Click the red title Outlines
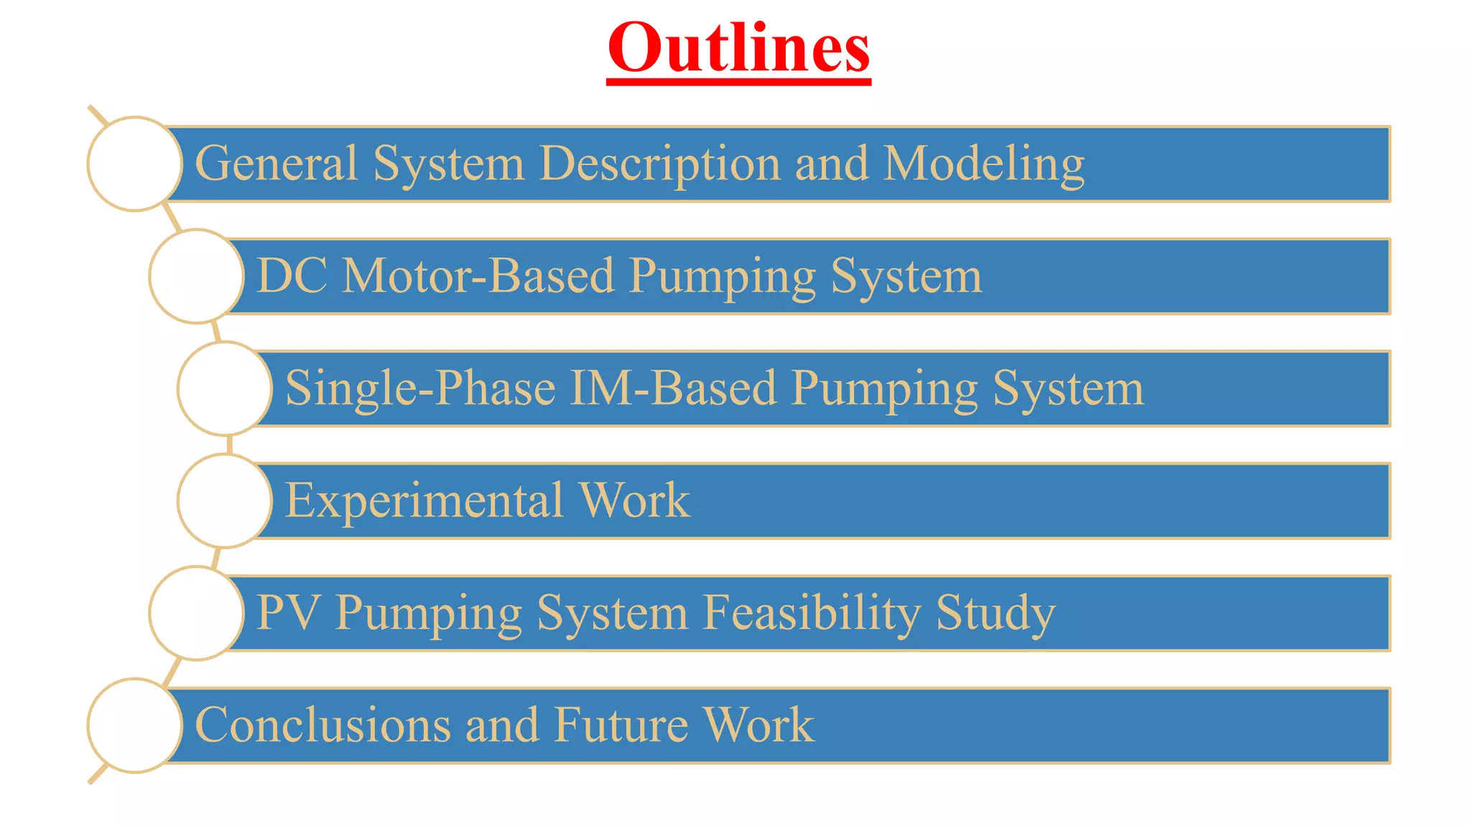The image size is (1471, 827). [x=738, y=49]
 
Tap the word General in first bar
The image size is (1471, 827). [x=276, y=164]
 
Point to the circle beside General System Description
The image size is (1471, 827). [x=134, y=164]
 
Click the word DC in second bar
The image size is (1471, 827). [x=292, y=276]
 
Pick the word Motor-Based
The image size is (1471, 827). [x=478, y=276]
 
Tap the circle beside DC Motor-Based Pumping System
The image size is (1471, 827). [x=196, y=276]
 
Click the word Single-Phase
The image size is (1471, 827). [x=420, y=388]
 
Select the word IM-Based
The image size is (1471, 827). [x=673, y=388]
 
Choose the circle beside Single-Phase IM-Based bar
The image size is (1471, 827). [x=224, y=388]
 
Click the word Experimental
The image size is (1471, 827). [x=424, y=500]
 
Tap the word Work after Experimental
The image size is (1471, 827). [x=634, y=500]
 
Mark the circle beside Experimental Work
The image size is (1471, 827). [x=224, y=500]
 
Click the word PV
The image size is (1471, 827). [x=287, y=612]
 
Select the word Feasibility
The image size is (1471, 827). [x=811, y=612]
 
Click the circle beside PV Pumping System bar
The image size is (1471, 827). [x=196, y=613]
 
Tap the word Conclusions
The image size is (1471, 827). [x=322, y=725]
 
